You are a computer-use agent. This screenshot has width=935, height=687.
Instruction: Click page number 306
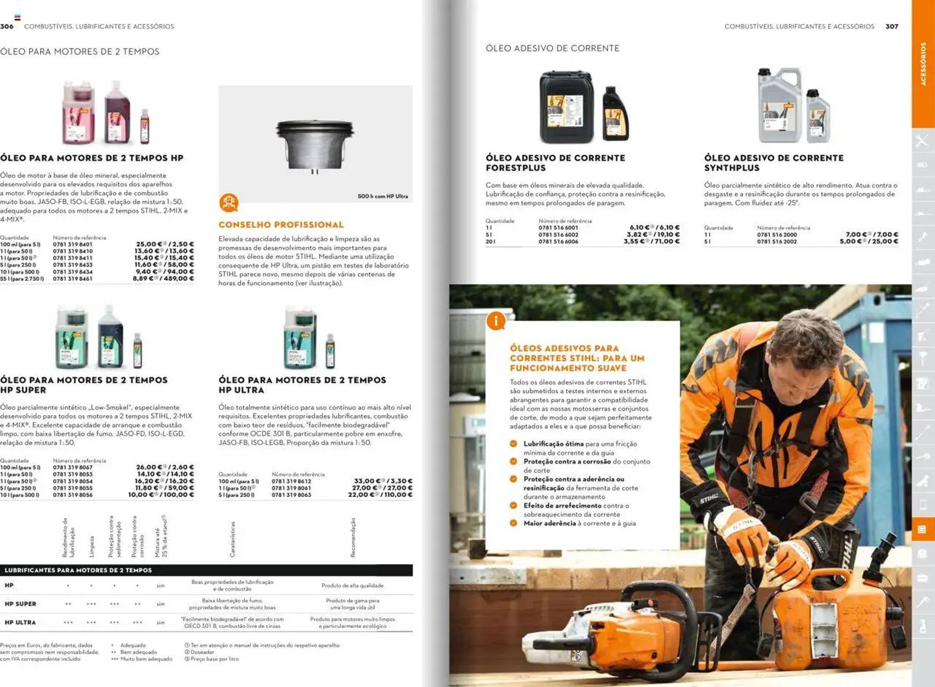(7, 26)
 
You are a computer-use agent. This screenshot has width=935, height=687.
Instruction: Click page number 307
(891, 26)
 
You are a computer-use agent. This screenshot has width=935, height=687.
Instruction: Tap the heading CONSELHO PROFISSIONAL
(281, 225)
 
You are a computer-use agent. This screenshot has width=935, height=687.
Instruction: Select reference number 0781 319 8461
(72, 279)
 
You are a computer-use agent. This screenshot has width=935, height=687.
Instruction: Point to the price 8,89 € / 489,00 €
(163, 279)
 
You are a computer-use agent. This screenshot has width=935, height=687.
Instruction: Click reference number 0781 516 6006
(558, 241)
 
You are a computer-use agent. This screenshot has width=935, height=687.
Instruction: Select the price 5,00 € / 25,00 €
(868, 241)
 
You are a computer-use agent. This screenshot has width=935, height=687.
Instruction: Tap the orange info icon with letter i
(495, 322)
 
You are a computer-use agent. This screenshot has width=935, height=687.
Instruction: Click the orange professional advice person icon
(229, 203)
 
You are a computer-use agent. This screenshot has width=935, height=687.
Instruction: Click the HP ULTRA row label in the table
(20, 622)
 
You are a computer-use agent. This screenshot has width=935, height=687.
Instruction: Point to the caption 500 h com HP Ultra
(383, 196)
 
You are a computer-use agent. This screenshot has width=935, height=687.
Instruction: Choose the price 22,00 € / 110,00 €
(380, 495)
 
